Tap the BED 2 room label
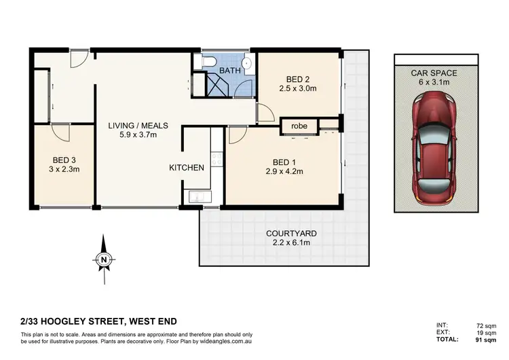coord(298,78)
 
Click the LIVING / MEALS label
coord(138,126)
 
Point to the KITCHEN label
coord(187,167)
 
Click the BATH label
coord(229,70)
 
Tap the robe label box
coord(299,126)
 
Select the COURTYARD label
coord(291,233)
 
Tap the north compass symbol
coord(102,257)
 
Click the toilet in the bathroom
coord(208,63)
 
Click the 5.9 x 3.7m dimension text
coord(138,135)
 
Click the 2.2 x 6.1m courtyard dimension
coord(291,242)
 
